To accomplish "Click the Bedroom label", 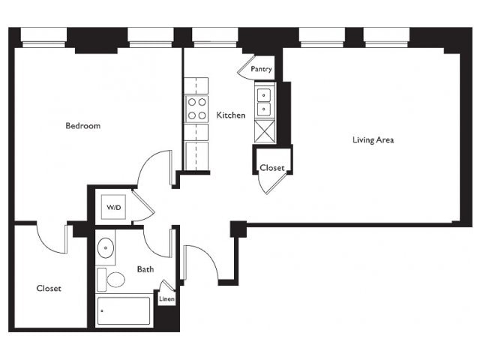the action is tap(83, 126).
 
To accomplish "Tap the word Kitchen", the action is tap(231, 115).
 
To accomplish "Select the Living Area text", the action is tap(373, 140).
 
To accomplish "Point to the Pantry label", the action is tap(261, 69).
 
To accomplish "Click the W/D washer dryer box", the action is tap(113, 207).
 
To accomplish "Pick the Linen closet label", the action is tap(166, 298).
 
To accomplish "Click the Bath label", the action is tap(145, 269).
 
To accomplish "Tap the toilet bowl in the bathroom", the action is tap(116, 280).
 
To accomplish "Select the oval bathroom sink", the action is tap(106, 247).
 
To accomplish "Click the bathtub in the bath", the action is tap(124, 310).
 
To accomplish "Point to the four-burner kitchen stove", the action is tap(196, 109).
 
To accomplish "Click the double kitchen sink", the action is tap(264, 102).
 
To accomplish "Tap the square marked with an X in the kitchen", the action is tap(265, 131).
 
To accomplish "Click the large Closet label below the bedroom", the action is tap(49, 288).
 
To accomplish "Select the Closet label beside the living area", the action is tap(272, 168).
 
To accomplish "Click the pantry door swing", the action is tap(245, 68).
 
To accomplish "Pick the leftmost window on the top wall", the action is tap(43, 37).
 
